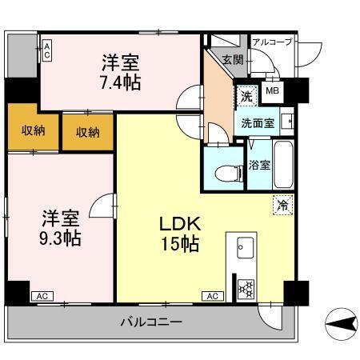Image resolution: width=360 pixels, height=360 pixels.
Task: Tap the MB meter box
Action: click(272, 90)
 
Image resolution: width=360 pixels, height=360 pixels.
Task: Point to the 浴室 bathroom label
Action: click(259, 166)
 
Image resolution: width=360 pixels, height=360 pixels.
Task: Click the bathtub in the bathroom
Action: click(285, 164)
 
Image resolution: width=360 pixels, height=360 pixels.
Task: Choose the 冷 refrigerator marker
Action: click(282, 205)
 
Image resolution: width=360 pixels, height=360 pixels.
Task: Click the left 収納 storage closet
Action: click(33, 130)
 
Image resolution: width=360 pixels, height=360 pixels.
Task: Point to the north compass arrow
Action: click(339, 323)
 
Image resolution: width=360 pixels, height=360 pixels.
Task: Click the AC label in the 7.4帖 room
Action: click(47, 51)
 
